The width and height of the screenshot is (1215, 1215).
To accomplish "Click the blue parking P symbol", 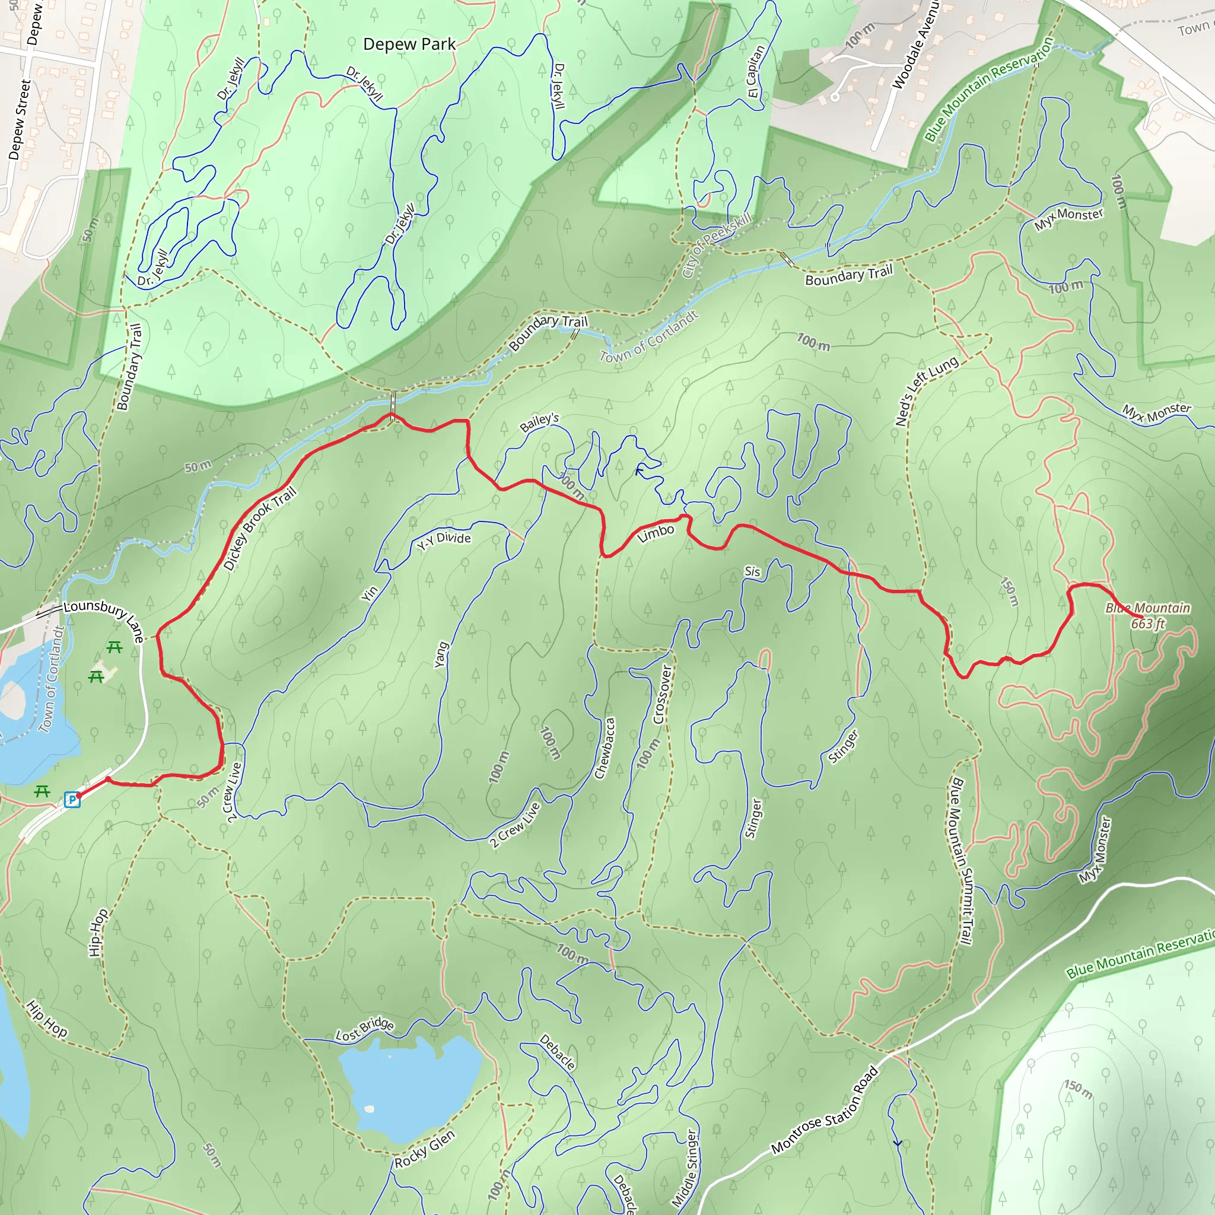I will (72, 800).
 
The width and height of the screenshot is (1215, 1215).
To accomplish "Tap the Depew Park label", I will (409, 44).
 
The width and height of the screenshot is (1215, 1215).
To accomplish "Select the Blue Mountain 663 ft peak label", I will (1147, 616).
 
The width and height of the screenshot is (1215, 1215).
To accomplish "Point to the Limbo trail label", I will (656, 533).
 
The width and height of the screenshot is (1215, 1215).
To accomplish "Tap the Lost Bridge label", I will (365, 1029).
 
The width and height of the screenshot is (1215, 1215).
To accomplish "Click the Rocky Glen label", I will (425, 1149).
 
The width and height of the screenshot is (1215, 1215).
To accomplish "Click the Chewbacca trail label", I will (605, 748).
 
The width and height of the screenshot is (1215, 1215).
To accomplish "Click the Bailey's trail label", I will (540, 422).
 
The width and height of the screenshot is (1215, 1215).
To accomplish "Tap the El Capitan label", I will (756, 71).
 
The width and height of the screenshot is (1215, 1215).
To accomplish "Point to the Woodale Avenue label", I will (915, 44).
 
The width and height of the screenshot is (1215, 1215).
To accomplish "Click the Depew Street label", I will (20, 119).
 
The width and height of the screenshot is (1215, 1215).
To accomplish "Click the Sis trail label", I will (752, 571).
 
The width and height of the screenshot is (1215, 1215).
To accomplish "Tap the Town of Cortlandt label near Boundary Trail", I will (648, 337).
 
